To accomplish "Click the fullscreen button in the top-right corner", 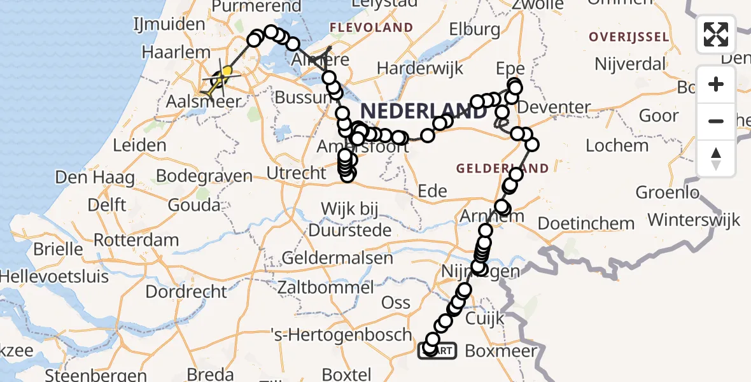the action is pyautogui.click(x=716, y=34).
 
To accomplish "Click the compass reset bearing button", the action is pyautogui.click(x=716, y=159).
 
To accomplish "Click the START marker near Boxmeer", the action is pyautogui.click(x=438, y=350).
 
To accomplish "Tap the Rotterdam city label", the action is pyautogui.click(x=136, y=241).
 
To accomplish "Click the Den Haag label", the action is pyautogui.click(x=94, y=176).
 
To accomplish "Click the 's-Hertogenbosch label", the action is pyautogui.click(x=341, y=334).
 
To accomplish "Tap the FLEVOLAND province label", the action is pyautogui.click(x=371, y=28).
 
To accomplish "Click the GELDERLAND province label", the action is pyautogui.click(x=502, y=169).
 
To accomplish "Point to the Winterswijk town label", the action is pyautogui.click(x=695, y=220).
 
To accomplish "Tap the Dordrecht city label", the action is pyautogui.click(x=186, y=292).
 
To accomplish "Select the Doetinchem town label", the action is pyautogui.click(x=586, y=223).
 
